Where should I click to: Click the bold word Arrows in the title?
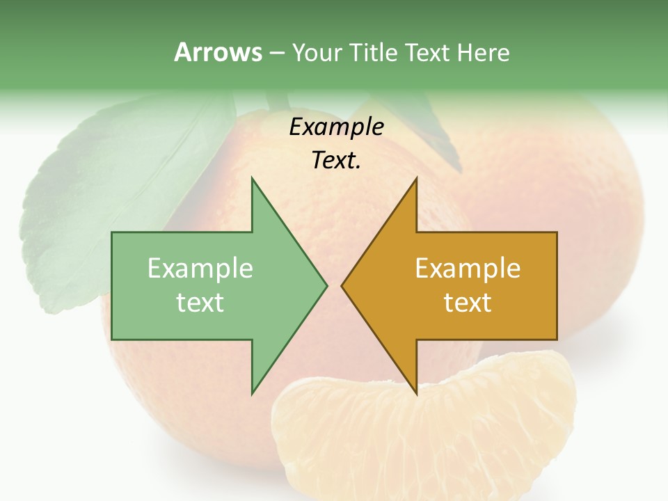[x=218, y=53]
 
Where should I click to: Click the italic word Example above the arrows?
[x=336, y=127]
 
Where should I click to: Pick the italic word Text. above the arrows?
[x=336, y=161]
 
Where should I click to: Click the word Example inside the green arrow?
[x=200, y=269]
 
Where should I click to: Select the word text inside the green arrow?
[x=200, y=303]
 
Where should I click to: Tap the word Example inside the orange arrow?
[x=468, y=269]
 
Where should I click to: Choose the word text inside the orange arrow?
[x=468, y=303]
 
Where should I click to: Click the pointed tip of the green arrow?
[x=326, y=285]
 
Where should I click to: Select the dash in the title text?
[x=276, y=53]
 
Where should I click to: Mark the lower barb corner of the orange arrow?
[x=416, y=393]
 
